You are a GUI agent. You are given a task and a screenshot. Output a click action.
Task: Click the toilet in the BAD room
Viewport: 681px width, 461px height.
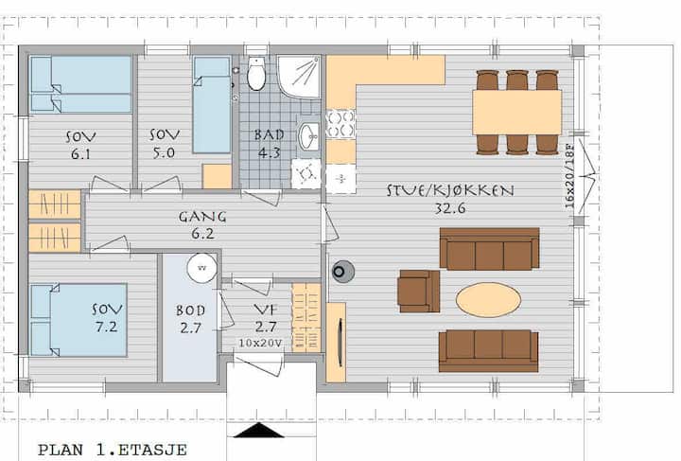point(256,74)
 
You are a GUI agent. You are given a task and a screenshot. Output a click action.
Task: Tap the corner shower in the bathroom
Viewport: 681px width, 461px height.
point(298,77)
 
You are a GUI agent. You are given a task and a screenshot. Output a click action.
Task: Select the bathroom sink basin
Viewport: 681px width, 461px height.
point(308,136)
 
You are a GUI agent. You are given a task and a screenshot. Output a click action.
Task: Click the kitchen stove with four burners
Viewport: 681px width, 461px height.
point(340,124)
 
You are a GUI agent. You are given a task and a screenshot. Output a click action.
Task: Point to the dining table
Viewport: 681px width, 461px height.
point(516,112)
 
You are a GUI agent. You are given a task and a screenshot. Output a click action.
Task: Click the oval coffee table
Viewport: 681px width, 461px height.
point(488,300)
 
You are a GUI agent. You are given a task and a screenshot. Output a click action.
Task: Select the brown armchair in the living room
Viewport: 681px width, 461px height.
point(419,291)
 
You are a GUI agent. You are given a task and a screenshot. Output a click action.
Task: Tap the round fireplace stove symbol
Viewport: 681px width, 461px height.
point(342,272)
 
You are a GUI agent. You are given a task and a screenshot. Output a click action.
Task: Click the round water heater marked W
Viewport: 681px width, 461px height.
point(202,268)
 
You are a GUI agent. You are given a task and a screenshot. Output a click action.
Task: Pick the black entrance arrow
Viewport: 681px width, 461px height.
point(259,430)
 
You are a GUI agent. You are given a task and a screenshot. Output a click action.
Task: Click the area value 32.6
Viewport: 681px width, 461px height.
point(450,208)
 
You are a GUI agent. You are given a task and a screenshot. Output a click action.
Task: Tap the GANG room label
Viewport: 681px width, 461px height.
point(202,217)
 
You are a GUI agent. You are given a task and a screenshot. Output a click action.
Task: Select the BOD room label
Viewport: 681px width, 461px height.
point(191,310)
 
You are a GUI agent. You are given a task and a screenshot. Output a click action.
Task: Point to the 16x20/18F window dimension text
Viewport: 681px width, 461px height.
point(569,176)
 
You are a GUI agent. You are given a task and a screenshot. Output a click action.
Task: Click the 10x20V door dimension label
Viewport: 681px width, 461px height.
point(260,343)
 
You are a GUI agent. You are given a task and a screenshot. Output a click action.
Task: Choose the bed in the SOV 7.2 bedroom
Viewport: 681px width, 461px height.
point(79,320)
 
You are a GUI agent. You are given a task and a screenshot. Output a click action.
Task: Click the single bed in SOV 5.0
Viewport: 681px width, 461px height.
point(212,105)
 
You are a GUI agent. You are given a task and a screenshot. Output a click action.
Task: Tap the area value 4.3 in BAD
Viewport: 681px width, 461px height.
point(269,153)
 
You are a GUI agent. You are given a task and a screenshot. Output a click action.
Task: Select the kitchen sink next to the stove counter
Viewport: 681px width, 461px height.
point(340,178)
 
